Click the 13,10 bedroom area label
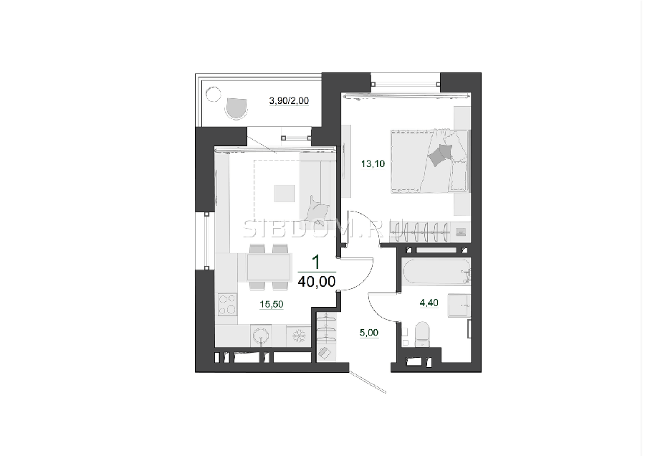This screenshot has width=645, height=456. point(373,163)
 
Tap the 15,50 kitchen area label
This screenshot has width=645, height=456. point(272,304)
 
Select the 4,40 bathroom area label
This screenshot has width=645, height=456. point(429,303)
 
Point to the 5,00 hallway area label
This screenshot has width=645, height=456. point(369,333)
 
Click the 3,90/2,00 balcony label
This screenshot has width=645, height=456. point(289,101)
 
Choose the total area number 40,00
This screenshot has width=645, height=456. point(316,282)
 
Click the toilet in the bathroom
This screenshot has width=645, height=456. point(422,334)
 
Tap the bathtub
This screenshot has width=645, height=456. point(436,272)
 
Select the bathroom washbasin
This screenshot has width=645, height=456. point(459,305)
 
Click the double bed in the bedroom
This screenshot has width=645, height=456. point(429,161)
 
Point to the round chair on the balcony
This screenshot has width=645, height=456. point(236,108)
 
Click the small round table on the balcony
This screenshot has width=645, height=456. point(213,94)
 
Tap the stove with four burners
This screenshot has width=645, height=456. point(227,305)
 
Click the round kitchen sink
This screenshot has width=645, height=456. point(261,336)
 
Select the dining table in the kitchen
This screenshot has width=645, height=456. point(269,267)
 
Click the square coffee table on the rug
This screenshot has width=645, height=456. point(285,194)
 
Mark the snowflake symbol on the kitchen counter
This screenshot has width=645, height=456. point(299,336)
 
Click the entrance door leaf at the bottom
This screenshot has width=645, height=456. point(368,382)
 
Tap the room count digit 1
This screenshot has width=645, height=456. point(316,262)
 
